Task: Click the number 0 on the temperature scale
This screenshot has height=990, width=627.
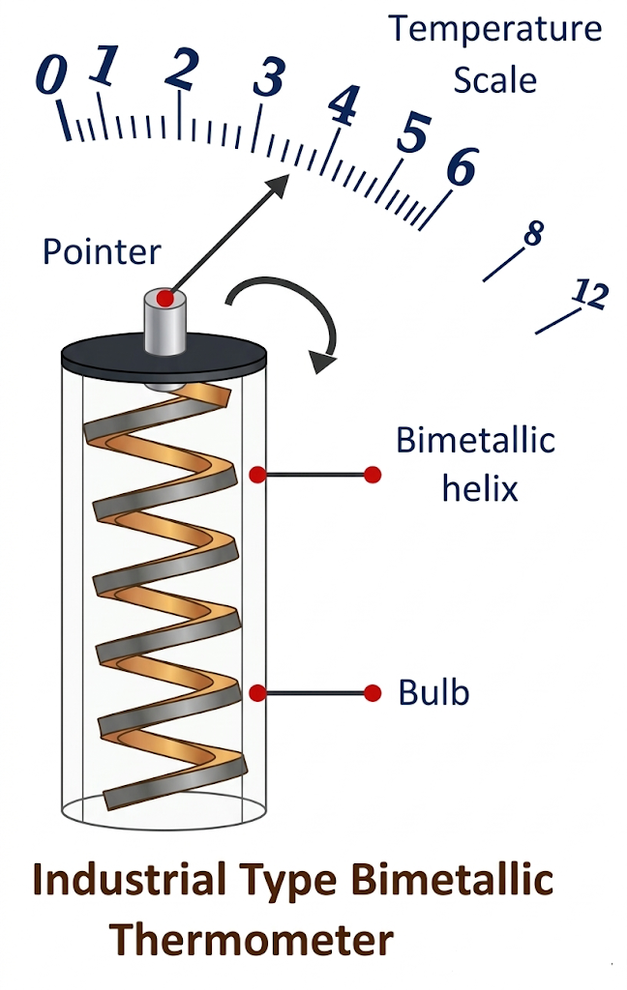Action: pos(51,75)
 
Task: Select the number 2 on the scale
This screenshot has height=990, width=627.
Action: pos(181,68)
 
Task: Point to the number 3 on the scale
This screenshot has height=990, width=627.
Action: pos(268,77)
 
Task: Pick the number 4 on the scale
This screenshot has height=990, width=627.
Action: pos(342,106)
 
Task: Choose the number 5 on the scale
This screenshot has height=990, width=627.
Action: pos(413,133)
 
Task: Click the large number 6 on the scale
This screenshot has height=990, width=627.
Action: pos(461,168)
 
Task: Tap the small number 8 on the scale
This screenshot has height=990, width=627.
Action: pos(532,233)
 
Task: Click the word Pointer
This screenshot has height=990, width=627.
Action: pos(102,252)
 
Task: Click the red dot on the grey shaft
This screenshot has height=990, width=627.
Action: pos(165,299)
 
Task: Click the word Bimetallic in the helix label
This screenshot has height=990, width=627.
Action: pos(475,441)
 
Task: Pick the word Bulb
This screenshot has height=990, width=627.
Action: pos(433,692)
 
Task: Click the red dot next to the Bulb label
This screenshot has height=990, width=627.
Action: pos(373,692)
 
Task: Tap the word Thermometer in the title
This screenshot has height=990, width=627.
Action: pos(251,939)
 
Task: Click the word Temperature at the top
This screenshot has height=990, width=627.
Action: pos(494,29)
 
